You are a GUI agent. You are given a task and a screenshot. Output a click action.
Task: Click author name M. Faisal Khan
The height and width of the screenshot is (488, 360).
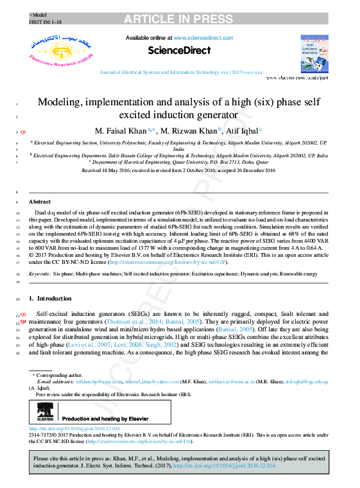[x=120, y=130]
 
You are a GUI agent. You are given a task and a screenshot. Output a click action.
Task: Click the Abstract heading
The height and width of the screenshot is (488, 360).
[x=40, y=202]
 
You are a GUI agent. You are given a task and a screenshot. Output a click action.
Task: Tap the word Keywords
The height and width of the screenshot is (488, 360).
[x=40, y=274]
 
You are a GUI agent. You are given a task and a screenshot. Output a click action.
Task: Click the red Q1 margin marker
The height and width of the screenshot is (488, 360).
[x=23, y=132]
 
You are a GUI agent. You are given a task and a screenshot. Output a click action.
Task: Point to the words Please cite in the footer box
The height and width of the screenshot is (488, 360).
[x=47, y=459]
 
